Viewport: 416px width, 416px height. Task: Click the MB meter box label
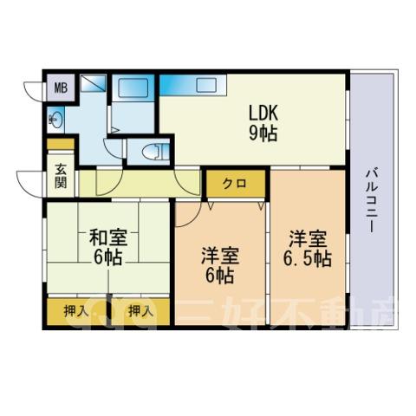click(61, 88)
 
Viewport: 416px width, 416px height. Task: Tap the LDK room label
click(263, 114)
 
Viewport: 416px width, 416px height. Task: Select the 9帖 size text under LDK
click(263, 133)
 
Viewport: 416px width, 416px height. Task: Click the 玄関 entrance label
click(61, 176)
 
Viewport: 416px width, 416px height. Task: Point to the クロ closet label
click(236, 183)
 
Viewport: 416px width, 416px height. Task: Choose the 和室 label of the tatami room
click(107, 237)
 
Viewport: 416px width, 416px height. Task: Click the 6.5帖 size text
click(307, 258)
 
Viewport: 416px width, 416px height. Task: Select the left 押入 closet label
click(76, 311)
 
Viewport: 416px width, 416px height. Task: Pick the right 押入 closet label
click(140, 311)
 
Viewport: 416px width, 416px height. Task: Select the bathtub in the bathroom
click(133, 88)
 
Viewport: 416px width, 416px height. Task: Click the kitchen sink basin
click(206, 85)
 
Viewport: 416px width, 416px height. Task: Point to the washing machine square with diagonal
click(93, 83)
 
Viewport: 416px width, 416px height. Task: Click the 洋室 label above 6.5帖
click(308, 238)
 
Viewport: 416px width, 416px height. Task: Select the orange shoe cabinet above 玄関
click(61, 144)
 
